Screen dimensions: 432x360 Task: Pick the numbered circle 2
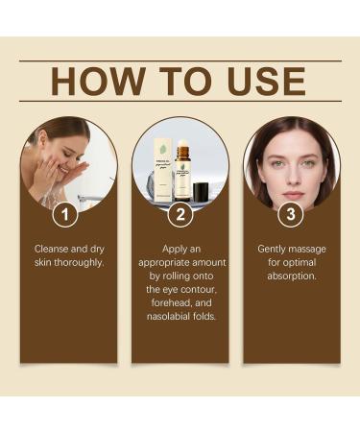180,214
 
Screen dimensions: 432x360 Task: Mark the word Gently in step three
274,249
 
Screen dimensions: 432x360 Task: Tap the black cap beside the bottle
202,192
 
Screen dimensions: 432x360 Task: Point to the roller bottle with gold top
182,173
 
